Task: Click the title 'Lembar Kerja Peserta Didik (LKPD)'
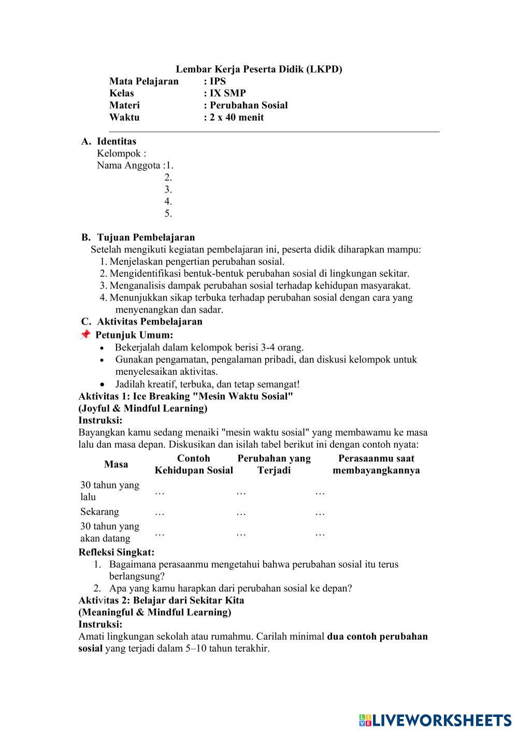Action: click(x=259, y=69)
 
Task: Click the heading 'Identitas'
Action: click(x=117, y=141)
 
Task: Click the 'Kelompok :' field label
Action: click(x=121, y=153)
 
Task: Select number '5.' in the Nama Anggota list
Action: click(x=168, y=214)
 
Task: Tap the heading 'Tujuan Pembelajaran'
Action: click(x=146, y=237)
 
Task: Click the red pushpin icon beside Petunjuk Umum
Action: click(x=85, y=335)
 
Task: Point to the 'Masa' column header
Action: click(x=116, y=464)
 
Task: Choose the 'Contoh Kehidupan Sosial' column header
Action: click(x=194, y=464)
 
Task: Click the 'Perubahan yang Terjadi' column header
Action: click(x=274, y=464)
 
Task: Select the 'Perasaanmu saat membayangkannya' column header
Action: click(x=376, y=464)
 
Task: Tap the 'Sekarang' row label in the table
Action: click(x=99, y=512)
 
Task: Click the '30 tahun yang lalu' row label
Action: click(x=109, y=491)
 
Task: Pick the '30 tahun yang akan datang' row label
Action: click(x=109, y=532)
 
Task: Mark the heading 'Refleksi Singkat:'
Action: click(x=117, y=552)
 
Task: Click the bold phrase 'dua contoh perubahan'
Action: click(x=378, y=636)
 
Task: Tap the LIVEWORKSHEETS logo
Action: click(x=435, y=720)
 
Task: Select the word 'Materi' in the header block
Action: click(x=124, y=105)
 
